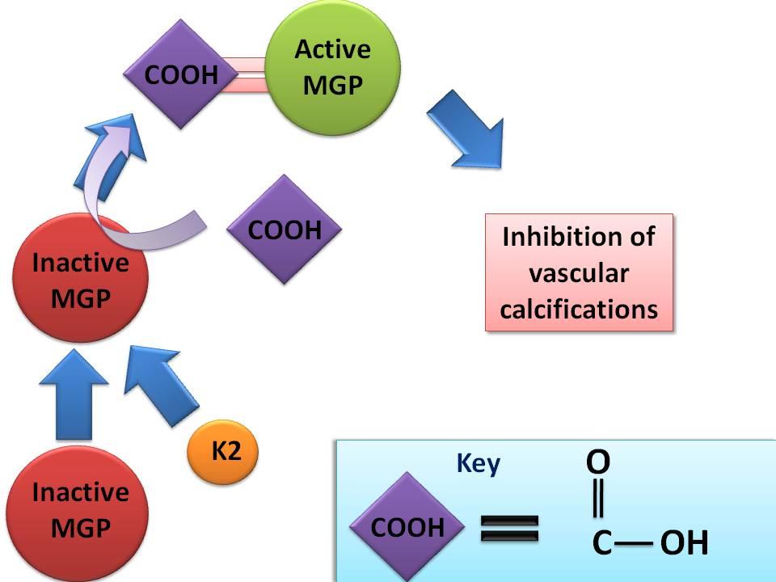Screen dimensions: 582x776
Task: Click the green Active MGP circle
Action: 332,67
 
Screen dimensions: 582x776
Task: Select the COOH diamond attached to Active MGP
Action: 181,74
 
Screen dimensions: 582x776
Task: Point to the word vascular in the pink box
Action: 578,273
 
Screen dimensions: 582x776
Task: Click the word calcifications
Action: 578,309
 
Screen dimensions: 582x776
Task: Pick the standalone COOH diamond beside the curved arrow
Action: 284,230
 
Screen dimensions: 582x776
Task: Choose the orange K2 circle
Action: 222,451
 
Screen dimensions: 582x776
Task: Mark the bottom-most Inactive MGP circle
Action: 79,510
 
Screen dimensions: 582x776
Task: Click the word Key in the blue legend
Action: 479,464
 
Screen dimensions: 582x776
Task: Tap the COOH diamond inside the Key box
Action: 408,527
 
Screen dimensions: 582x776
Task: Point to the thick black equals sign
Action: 510,529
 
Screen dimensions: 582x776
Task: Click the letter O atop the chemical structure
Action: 598,462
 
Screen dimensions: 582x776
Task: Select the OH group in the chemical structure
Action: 684,543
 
